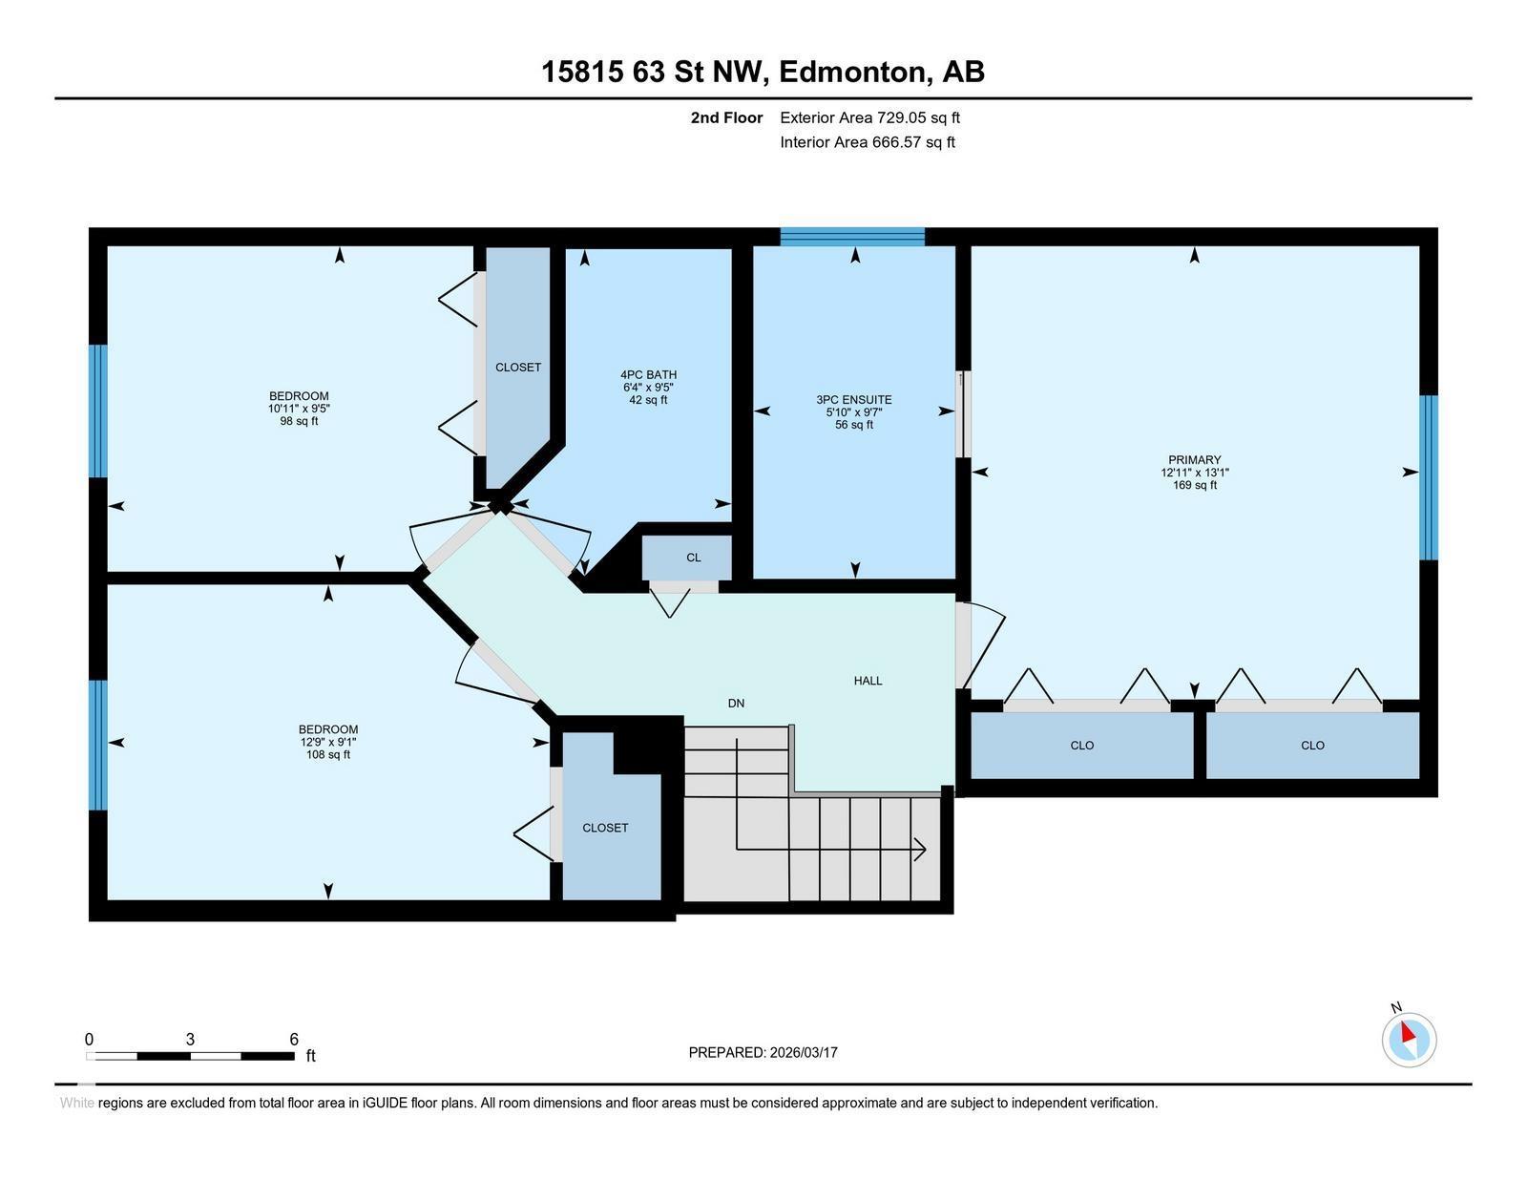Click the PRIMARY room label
pyautogui.click(x=1194, y=459)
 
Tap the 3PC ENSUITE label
pyautogui.click(x=854, y=399)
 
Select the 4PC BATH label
pyautogui.click(x=648, y=374)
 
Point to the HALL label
pyautogui.click(x=868, y=681)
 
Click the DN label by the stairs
pyautogui.click(x=736, y=703)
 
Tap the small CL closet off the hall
pyautogui.click(x=687, y=558)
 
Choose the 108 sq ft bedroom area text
pyautogui.click(x=327, y=755)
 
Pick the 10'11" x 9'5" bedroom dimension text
pyautogui.click(x=299, y=409)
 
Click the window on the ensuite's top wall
pyautogui.click(x=852, y=237)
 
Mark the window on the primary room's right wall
pyautogui.click(x=1429, y=477)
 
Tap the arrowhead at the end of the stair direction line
pyautogui.click(x=921, y=850)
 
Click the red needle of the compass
pyautogui.click(x=1408, y=1032)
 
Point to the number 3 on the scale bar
pyautogui.click(x=190, y=1040)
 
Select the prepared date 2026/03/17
pyautogui.click(x=804, y=1053)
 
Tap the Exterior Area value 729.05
pyautogui.click(x=901, y=117)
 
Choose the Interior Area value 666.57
pyautogui.click(x=896, y=142)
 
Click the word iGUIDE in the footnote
pyautogui.click(x=385, y=1103)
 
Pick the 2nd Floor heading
pyautogui.click(x=726, y=117)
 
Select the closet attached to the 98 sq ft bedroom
pyautogui.click(x=518, y=367)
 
